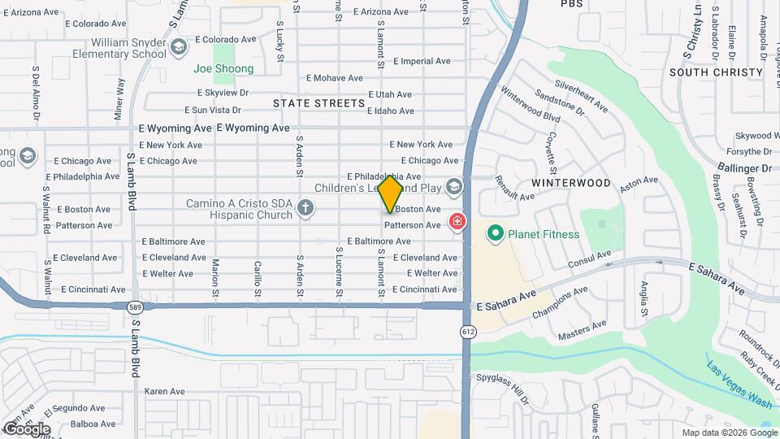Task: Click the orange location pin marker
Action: pos(391,193)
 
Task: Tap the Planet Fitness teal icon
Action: pos(494,235)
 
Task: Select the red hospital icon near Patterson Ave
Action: pos(457,221)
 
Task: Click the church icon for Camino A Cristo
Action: pos(305,208)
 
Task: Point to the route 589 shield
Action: pos(135,306)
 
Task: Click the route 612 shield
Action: pos(468,331)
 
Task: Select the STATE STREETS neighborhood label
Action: pos(318,103)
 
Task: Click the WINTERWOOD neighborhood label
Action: pos(571,183)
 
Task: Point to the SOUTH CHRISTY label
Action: pos(716,72)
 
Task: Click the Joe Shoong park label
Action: pos(223,69)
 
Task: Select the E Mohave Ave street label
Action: pos(334,78)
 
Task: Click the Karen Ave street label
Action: pos(165,391)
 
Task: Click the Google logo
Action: pos(27,428)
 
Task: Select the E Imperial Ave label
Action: pos(422,61)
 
